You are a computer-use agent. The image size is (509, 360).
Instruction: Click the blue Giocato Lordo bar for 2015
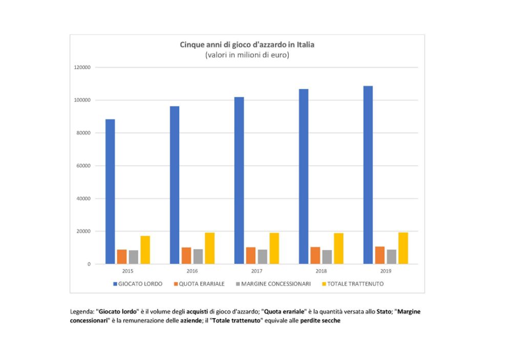coord(110,192)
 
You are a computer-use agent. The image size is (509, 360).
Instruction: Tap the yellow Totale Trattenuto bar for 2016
coord(210,248)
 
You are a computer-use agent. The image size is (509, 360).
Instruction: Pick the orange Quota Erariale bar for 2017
coord(250,256)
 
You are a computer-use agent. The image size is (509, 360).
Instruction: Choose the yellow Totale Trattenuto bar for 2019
coord(403,248)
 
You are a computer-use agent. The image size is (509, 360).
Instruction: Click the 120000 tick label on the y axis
coord(82,68)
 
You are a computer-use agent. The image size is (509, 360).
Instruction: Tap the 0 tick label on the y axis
coord(89,264)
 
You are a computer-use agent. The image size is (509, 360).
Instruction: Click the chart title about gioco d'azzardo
coord(247,45)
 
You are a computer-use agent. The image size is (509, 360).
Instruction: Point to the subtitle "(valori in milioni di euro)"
coord(247,55)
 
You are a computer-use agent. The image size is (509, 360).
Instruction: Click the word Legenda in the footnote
coord(81,311)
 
